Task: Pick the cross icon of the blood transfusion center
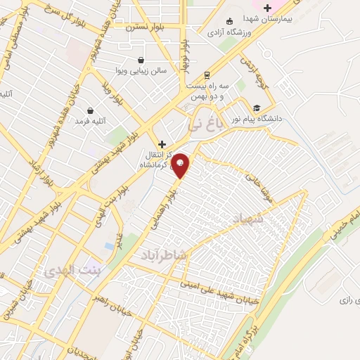[162, 143]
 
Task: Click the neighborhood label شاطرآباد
[163, 255]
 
